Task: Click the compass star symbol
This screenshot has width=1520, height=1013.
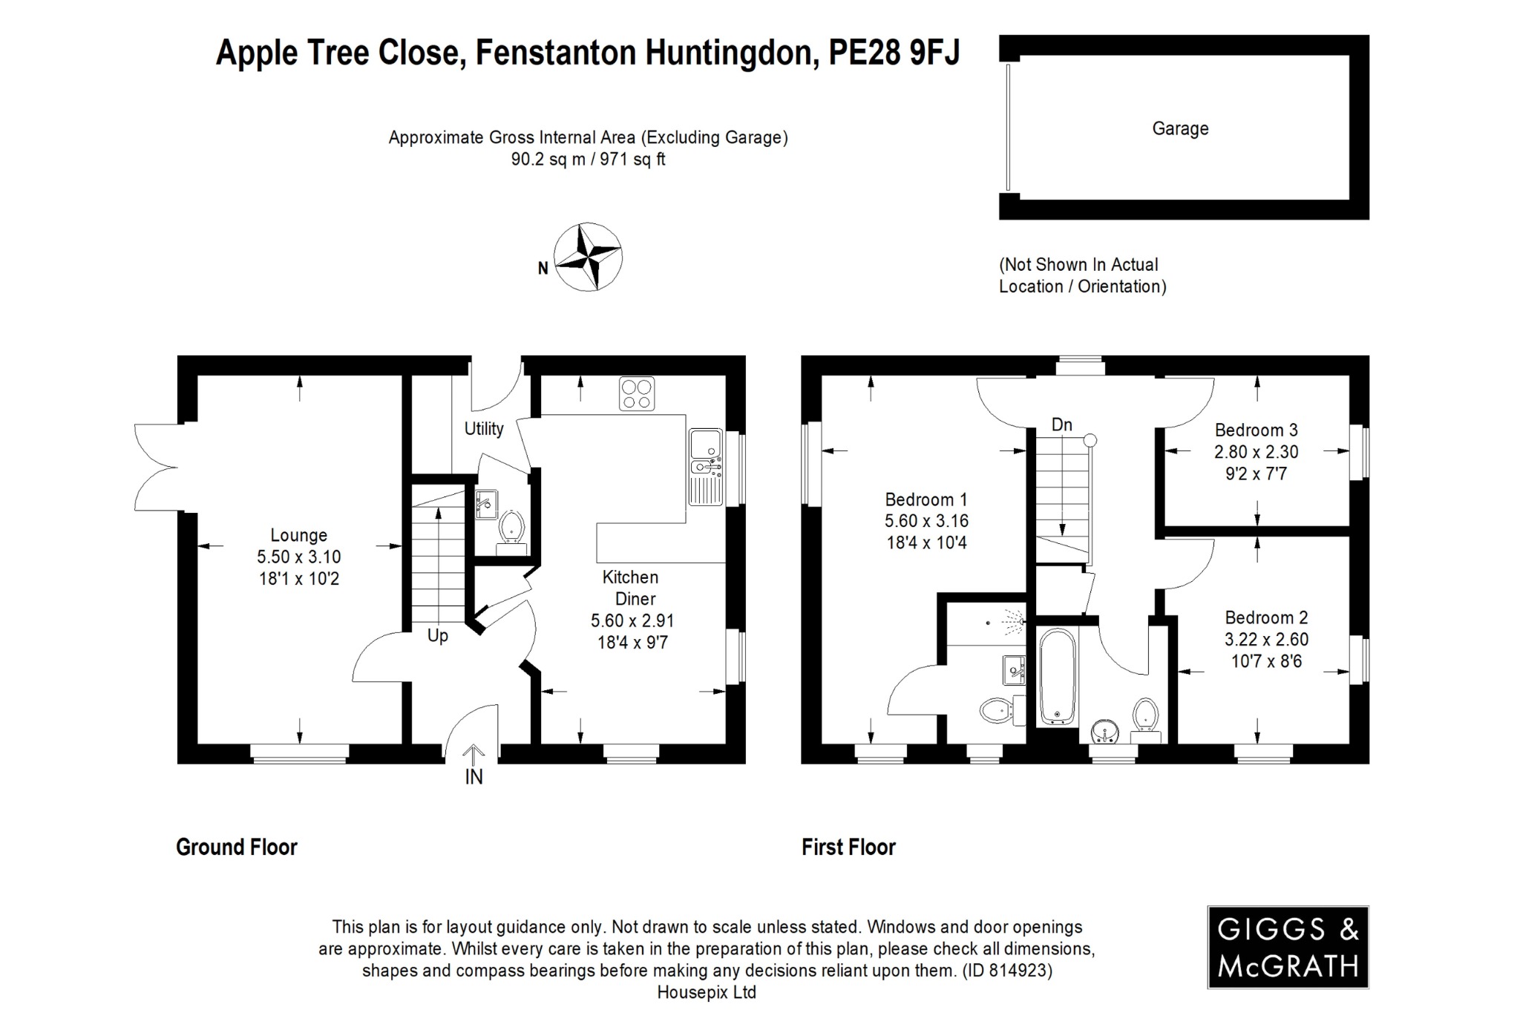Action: point(589,257)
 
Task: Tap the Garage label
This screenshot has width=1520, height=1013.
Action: point(1180,128)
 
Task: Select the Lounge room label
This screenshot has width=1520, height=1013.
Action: point(298,535)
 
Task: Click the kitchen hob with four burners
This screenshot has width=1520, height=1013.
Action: point(637,393)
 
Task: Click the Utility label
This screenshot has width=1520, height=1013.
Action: point(484,428)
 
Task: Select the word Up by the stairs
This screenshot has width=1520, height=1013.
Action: point(437,636)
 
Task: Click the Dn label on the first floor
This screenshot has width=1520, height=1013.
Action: point(1061,424)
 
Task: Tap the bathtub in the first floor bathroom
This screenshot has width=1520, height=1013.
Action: point(1055,675)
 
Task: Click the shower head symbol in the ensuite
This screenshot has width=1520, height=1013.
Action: point(1014,617)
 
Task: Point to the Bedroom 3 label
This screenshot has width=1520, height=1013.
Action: point(1256,430)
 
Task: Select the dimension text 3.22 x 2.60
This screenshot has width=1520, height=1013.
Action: point(1266,639)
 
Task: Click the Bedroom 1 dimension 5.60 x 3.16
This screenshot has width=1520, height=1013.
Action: point(926,521)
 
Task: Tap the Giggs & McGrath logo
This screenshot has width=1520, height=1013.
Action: point(1288,947)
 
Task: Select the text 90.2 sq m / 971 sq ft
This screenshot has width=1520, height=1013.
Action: point(588,159)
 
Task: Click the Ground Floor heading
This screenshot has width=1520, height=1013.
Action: point(236,847)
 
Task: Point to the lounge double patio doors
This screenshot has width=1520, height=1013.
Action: point(157,468)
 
